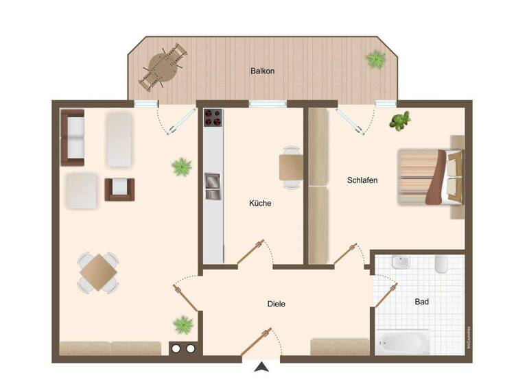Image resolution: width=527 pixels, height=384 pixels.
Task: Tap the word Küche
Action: tap(260, 203)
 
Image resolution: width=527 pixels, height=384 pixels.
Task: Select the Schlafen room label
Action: tap(362, 180)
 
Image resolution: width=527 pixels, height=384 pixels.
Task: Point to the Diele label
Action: tap(276, 304)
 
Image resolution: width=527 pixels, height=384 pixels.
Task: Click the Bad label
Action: tap(422, 302)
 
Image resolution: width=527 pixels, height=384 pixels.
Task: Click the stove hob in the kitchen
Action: tap(213, 119)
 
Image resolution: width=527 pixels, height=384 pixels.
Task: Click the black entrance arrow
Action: tap(261, 368)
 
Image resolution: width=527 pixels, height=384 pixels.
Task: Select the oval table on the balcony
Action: tap(163, 67)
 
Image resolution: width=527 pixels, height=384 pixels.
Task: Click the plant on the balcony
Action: tap(375, 60)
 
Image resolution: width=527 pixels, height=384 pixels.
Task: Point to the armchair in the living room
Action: tap(119, 189)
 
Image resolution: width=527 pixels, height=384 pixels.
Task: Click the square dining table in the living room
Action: tap(98, 272)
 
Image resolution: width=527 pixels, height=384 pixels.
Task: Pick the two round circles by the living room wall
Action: tap(183, 348)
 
